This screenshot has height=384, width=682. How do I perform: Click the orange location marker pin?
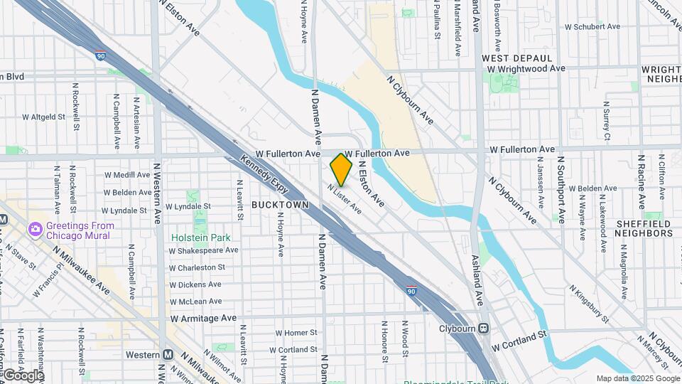(342, 169)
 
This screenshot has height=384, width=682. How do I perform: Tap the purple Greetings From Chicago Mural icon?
(35, 229)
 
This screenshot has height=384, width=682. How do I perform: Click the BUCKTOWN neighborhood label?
(280, 205)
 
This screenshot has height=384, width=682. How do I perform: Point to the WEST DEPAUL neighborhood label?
(516, 58)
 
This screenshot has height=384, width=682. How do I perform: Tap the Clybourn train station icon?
(483, 329)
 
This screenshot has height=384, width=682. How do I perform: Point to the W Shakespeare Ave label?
(203, 250)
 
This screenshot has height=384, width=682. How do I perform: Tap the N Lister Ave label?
(345, 199)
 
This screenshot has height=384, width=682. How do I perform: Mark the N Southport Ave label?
(561, 190)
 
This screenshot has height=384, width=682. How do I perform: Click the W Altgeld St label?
(43, 116)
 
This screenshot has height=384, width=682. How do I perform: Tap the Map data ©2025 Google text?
(637, 378)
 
